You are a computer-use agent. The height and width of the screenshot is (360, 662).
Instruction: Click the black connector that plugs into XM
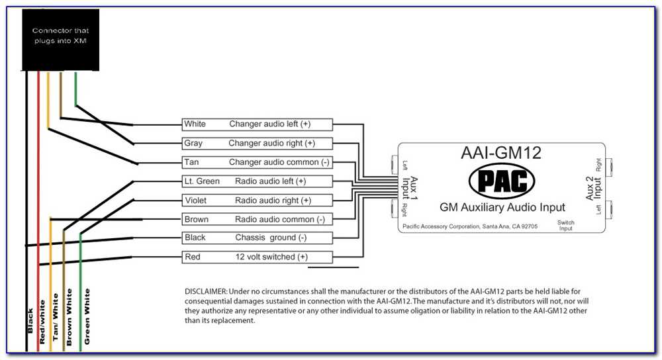click(x=60, y=40)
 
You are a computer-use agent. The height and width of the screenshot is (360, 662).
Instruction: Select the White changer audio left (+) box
click(x=257, y=124)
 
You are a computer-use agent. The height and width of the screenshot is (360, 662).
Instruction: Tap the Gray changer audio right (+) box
click(x=257, y=143)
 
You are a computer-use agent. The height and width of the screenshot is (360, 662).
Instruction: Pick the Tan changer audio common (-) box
click(x=257, y=162)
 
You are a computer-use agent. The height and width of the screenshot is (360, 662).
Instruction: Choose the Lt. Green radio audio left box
click(x=257, y=181)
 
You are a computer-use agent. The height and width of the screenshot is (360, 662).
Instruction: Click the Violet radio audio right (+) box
click(x=257, y=200)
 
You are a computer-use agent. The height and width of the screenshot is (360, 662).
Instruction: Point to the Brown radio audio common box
click(x=257, y=219)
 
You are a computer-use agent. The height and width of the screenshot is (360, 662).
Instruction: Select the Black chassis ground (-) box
click(x=257, y=238)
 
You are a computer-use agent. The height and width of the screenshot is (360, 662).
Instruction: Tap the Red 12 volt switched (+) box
click(x=257, y=257)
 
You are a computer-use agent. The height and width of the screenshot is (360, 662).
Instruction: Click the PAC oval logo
click(x=502, y=181)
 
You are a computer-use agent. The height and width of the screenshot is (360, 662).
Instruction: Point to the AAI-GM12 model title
click(x=501, y=153)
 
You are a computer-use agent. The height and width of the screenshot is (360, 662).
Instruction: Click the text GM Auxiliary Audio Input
click(x=502, y=207)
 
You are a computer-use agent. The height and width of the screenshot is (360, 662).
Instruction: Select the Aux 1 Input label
click(x=410, y=188)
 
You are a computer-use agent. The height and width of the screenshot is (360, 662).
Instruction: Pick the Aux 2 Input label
click(x=593, y=188)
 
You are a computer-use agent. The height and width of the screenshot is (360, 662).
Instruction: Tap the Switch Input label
click(x=566, y=226)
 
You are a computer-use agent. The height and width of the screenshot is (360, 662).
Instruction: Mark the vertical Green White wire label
click(x=87, y=316)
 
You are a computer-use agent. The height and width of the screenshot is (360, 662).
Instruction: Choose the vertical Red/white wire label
click(x=42, y=322)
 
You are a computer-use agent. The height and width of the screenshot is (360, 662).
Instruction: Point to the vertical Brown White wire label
click(x=69, y=317)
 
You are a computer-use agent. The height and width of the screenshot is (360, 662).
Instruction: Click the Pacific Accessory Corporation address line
click(x=470, y=226)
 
